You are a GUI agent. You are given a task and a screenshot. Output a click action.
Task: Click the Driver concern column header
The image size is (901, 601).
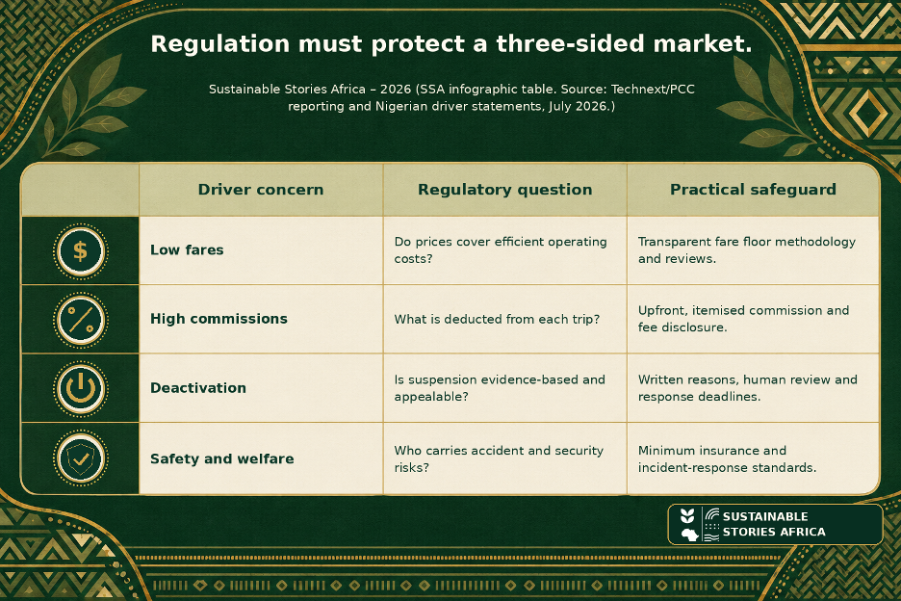(x=260, y=189)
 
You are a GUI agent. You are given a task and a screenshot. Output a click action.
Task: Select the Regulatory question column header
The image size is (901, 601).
(x=504, y=189)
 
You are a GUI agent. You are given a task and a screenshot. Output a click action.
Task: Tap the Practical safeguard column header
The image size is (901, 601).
(x=753, y=189)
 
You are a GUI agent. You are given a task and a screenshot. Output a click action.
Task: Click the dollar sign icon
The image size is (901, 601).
(x=81, y=251)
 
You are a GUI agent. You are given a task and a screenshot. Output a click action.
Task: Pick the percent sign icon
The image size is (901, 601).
(x=81, y=320)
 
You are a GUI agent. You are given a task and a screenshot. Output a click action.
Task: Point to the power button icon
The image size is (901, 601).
(x=81, y=389)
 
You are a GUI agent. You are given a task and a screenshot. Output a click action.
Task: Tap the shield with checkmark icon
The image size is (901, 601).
(x=81, y=458)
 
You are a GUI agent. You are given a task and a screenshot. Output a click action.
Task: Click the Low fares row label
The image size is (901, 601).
(x=187, y=249)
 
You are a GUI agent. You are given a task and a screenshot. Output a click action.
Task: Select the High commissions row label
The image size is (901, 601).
(x=219, y=319)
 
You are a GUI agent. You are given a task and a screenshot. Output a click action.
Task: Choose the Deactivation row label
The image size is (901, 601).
(x=197, y=387)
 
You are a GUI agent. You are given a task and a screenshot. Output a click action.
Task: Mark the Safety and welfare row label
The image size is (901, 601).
(x=221, y=458)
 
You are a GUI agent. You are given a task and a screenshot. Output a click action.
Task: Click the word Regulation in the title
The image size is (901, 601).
(x=220, y=44)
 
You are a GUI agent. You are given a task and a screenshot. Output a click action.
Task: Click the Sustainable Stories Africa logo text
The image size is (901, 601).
(x=773, y=524)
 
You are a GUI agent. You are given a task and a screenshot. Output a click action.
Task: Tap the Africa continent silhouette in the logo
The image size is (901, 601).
(x=689, y=535)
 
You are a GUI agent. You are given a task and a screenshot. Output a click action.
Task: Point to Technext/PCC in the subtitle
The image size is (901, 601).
(x=653, y=90)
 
